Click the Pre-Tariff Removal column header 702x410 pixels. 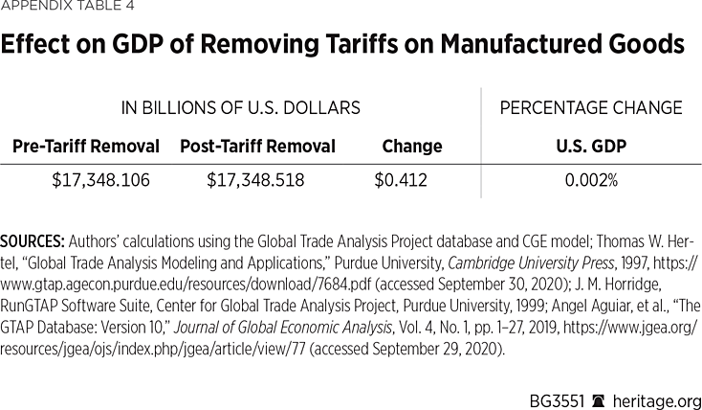[x=86, y=147]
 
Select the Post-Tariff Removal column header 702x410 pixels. [x=257, y=147]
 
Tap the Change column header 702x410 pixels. [x=411, y=147]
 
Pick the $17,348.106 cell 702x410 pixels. [x=100, y=179]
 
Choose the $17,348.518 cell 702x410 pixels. [x=255, y=179]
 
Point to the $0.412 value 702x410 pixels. [x=401, y=179]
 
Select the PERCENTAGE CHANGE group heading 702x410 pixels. [x=591, y=108]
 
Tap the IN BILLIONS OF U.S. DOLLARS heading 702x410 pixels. [x=240, y=108]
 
